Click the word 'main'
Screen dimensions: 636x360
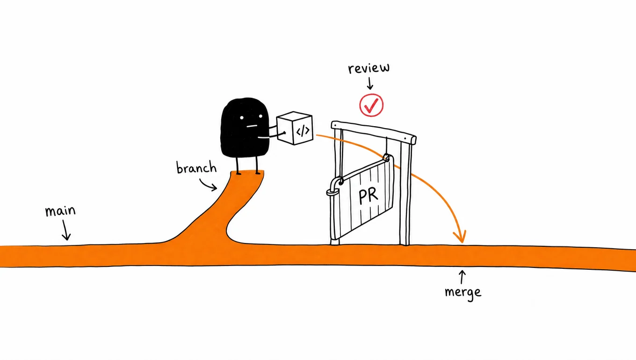[x=60, y=211]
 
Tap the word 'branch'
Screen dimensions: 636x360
[x=196, y=167]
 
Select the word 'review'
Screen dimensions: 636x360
[x=369, y=68]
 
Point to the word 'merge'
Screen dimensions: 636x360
[x=463, y=292]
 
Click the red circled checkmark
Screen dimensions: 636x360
[x=371, y=105]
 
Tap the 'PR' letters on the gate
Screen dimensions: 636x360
[x=368, y=195]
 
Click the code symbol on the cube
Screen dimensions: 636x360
[x=303, y=131]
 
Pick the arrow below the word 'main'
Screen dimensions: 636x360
[x=66, y=230]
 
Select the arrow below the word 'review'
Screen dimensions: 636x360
[x=370, y=83]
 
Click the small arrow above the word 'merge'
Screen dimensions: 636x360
[x=462, y=277]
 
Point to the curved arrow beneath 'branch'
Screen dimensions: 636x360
[x=208, y=185]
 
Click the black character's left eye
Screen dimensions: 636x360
[x=242, y=117]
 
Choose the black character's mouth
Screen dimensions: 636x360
[x=252, y=126]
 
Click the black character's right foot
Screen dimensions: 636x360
[x=258, y=173]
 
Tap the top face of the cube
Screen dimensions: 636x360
[x=294, y=117]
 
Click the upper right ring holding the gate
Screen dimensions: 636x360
[x=386, y=158]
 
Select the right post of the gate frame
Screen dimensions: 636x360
[x=405, y=193]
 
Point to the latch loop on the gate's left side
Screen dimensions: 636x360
[x=332, y=193]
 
